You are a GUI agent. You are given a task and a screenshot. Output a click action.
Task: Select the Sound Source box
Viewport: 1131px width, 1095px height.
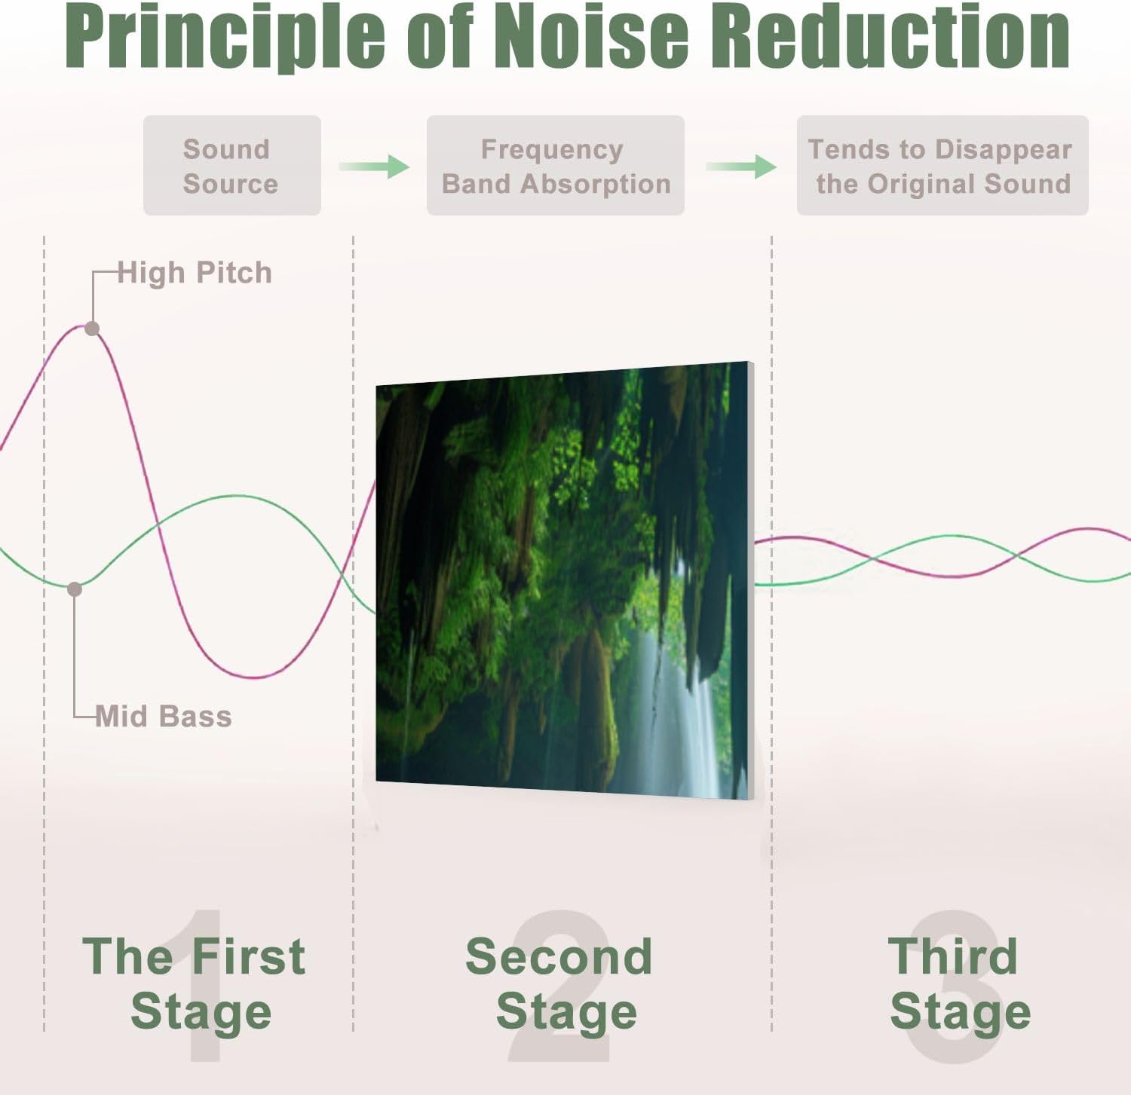tap(231, 166)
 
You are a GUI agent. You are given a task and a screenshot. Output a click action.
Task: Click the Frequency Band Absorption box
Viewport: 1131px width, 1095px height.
tap(555, 166)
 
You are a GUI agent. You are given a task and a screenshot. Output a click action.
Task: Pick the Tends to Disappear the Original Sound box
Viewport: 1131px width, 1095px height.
tap(942, 166)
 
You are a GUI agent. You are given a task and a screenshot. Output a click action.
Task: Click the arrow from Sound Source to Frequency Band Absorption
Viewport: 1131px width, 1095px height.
tap(374, 166)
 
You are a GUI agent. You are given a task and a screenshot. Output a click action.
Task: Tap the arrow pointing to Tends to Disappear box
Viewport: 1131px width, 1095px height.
tap(741, 166)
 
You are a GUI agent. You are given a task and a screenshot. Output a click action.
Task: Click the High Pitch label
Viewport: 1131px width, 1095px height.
tap(195, 273)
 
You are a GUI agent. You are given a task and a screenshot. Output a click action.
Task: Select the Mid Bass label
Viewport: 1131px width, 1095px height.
tap(164, 716)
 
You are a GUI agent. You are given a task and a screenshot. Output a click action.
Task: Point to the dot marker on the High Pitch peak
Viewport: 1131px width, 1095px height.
tap(92, 329)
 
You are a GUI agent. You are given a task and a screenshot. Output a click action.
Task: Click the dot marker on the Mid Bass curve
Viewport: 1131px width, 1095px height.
tap(75, 589)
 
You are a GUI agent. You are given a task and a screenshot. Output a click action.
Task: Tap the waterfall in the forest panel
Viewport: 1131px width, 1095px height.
tap(679, 716)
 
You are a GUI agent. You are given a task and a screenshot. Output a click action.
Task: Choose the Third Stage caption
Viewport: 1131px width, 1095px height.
tap(958, 983)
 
